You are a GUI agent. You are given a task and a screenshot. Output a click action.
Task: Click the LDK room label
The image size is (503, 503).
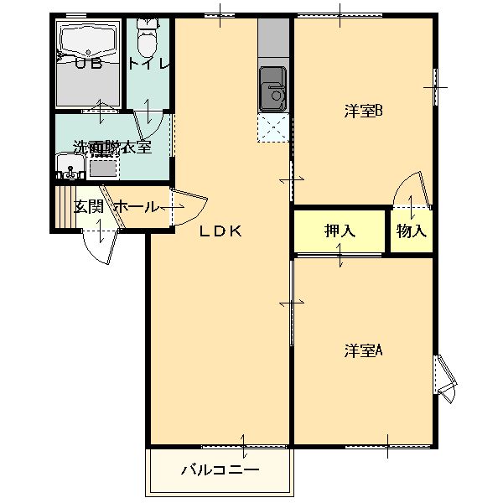click(x=220, y=232)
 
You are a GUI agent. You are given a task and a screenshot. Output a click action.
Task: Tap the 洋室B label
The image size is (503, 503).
click(x=363, y=111)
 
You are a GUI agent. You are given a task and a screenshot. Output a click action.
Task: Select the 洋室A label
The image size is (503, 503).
click(x=363, y=350)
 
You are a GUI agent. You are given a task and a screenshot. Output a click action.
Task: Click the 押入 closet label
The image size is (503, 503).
click(x=340, y=231)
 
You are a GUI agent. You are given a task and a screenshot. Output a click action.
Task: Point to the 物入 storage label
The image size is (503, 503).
click(x=411, y=231)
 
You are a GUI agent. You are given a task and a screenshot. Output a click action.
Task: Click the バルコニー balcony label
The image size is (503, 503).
click(x=220, y=469)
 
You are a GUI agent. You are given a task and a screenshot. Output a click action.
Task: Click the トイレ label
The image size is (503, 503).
click(x=149, y=64)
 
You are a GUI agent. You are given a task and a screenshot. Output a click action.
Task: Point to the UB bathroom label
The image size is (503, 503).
click(x=90, y=64)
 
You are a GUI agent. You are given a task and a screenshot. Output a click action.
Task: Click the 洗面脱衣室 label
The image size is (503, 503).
click(x=111, y=147)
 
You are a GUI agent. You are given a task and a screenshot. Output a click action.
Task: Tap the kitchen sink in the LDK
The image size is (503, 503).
click(x=273, y=89)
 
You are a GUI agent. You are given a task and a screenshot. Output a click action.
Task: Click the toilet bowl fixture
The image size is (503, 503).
click(x=148, y=37)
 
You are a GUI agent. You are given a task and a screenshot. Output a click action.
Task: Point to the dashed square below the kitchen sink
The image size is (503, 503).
click(x=272, y=130)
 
